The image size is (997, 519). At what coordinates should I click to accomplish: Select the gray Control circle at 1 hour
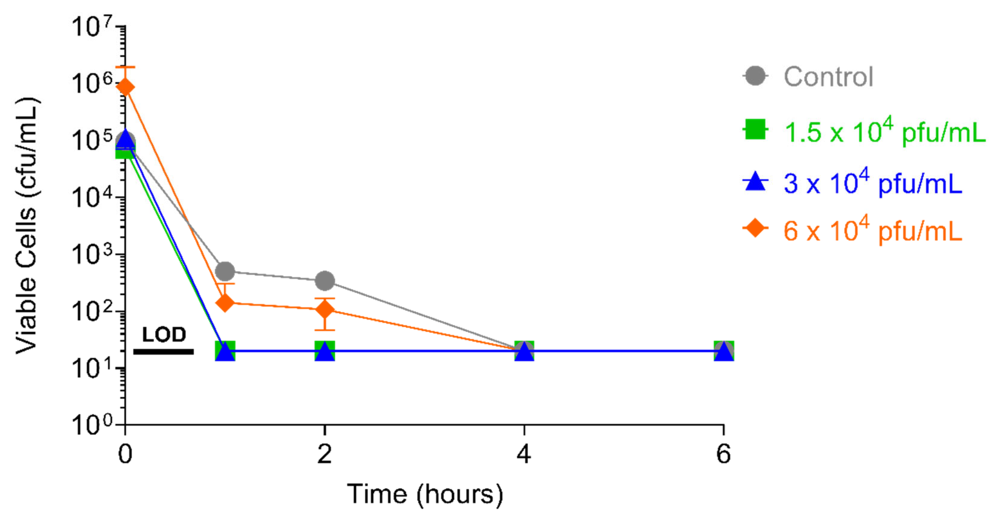point(225,272)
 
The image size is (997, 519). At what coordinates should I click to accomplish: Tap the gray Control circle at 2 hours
point(325,281)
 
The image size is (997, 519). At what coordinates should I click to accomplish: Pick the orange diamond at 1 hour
point(225,302)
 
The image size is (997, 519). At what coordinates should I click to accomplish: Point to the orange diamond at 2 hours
point(325,309)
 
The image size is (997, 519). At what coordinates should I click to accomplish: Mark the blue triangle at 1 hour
point(225,351)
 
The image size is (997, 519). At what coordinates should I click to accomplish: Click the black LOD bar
point(163,351)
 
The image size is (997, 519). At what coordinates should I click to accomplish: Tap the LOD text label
point(164,335)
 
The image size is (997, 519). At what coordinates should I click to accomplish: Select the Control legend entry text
point(828,77)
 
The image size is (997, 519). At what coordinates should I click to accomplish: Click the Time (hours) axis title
point(425,494)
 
